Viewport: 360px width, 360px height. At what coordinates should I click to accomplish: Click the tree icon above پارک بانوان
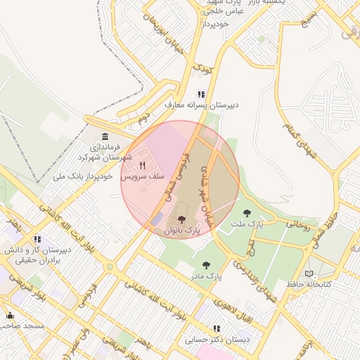(183, 220)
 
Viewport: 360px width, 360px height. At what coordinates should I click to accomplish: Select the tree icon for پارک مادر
(205, 265)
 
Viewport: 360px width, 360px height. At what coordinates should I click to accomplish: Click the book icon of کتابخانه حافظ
(309, 274)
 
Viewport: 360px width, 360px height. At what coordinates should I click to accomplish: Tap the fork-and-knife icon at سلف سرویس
(142, 166)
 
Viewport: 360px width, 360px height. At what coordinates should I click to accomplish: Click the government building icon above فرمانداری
(105, 136)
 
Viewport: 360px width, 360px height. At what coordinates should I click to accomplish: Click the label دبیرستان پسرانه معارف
(202, 105)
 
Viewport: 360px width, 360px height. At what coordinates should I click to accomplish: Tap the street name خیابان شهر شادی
(205, 188)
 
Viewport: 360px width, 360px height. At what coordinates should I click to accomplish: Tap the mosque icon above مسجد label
(10, 316)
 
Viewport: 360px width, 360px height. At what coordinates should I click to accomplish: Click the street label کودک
(202, 68)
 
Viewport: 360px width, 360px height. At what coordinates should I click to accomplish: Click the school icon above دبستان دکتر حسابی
(217, 328)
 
